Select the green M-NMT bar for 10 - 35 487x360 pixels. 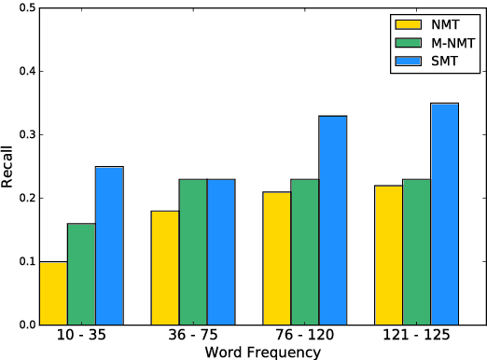[x=82, y=274]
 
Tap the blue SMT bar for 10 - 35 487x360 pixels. [x=109, y=246]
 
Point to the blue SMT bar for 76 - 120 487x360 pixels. [x=333, y=220]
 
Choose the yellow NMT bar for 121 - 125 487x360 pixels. [x=389, y=256]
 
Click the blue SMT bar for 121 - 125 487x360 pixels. [x=444, y=214]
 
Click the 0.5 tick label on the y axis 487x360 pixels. [x=26, y=8]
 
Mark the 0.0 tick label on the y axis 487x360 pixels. [x=26, y=325]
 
